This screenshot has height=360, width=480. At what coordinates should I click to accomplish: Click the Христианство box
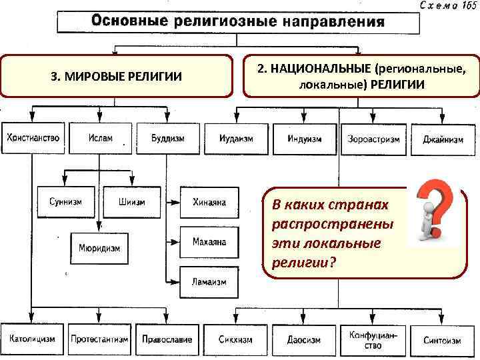(x=33, y=139)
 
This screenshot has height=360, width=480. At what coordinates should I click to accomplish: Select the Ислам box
(x=100, y=139)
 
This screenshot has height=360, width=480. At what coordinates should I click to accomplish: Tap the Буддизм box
(x=167, y=139)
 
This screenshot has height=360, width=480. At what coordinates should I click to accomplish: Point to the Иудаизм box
(x=236, y=139)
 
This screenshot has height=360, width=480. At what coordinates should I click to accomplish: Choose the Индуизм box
(x=305, y=139)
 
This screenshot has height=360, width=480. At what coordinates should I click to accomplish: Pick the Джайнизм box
(x=443, y=139)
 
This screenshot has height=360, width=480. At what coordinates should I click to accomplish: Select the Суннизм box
(x=65, y=202)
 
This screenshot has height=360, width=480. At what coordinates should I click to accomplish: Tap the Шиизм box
(x=132, y=202)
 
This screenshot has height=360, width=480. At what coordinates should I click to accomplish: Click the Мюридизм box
(x=100, y=248)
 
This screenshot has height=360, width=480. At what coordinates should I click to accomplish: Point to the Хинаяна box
(x=209, y=202)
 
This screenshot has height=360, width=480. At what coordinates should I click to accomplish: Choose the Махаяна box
(x=209, y=241)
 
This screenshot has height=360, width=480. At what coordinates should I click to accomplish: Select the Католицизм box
(x=33, y=339)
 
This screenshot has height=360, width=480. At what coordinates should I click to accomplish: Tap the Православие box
(x=167, y=339)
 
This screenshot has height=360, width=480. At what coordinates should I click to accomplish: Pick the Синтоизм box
(x=442, y=340)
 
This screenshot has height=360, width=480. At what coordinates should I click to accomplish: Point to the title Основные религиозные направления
(x=238, y=21)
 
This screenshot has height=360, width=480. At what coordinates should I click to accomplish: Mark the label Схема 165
(x=446, y=5)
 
